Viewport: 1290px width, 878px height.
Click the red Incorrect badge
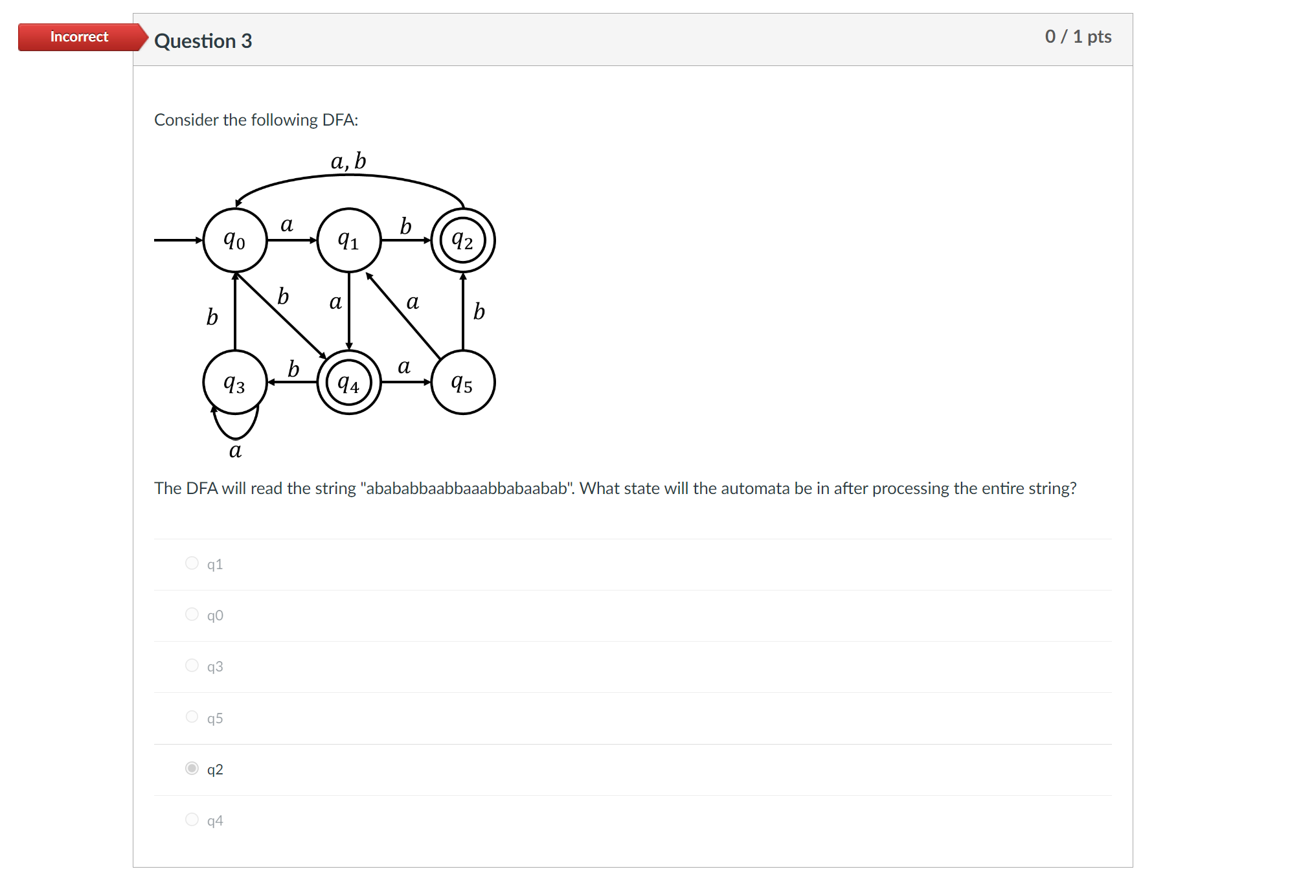tap(79, 37)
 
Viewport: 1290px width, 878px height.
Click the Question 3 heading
tap(203, 41)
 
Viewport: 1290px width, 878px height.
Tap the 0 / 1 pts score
tap(1078, 36)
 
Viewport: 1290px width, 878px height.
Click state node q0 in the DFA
tap(234, 240)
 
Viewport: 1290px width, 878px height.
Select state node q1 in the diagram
tap(348, 240)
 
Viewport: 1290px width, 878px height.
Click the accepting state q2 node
tap(462, 240)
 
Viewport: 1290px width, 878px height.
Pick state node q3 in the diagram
tap(234, 383)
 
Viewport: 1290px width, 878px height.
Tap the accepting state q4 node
tap(348, 383)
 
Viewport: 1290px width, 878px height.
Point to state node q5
tap(462, 383)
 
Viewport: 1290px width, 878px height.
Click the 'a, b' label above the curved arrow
tap(348, 161)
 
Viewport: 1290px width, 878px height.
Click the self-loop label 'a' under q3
tap(235, 450)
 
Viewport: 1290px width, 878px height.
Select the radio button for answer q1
tap(192, 563)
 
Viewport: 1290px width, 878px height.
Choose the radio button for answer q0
tap(192, 614)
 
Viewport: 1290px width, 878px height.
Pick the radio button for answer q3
tap(192, 666)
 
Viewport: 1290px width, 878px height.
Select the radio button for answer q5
tap(192, 717)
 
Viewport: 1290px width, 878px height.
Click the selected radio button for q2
tap(192, 769)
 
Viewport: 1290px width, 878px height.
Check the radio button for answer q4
tap(192, 820)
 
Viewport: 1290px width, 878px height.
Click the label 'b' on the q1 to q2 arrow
tap(405, 226)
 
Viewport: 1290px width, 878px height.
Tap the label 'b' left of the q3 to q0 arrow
tap(212, 317)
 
